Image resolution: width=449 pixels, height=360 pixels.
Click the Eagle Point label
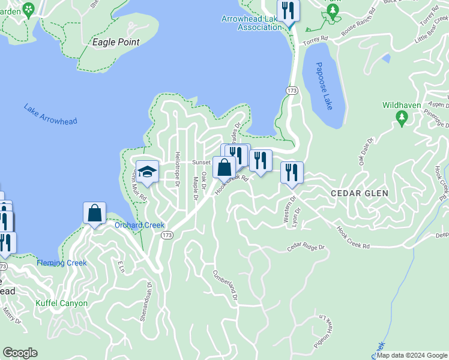click(116, 43)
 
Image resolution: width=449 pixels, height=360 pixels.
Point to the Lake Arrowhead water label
click(50, 114)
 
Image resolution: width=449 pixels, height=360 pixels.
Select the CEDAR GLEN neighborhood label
click(360, 193)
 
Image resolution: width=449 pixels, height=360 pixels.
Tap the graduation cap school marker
click(147, 172)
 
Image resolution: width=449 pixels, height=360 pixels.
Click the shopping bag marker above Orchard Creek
click(95, 212)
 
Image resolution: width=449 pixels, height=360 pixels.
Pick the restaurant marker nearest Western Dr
click(292, 172)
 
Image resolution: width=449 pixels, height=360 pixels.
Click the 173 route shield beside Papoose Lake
click(292, 90)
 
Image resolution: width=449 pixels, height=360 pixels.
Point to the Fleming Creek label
click(61, 263)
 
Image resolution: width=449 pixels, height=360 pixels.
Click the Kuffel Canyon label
click(61, 303)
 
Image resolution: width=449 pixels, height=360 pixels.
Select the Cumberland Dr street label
click(225, 286)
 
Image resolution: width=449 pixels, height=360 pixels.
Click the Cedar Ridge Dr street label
click(305, 247)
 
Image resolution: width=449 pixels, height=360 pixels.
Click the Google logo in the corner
click(20, 353)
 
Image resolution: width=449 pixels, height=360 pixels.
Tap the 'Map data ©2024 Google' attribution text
click(412, 355)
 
